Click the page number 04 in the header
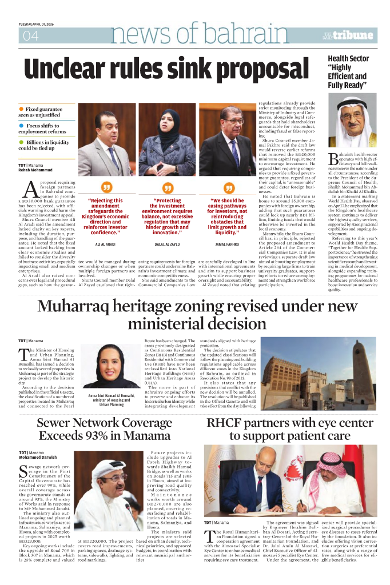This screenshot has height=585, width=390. click(30, 36)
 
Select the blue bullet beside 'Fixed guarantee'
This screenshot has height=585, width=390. click(21, 109)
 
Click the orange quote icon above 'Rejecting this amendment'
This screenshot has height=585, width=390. click(105, 188)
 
